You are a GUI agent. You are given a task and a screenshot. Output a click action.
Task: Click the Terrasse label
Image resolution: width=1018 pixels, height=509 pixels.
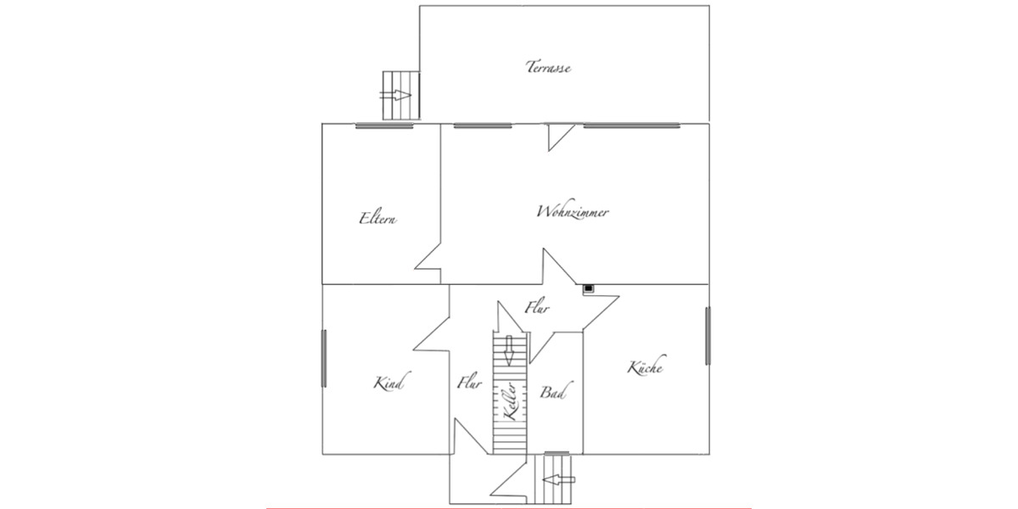(547, 67)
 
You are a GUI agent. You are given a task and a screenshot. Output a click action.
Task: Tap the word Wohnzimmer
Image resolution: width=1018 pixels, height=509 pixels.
(573, 212)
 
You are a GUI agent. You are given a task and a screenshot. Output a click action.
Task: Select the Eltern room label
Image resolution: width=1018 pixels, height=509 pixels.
(378, 218)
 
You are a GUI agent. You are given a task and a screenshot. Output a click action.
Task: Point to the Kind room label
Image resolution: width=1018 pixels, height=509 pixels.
(387, 383)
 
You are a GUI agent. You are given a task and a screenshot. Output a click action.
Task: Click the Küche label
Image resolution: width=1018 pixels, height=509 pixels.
(645, 367)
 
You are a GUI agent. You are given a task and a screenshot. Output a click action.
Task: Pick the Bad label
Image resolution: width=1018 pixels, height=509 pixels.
(552, 394)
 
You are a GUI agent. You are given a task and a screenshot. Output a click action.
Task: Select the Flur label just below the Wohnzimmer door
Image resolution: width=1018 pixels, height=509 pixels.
(537, 308)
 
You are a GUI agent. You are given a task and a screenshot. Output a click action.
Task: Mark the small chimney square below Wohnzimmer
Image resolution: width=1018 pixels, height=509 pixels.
(589, 288)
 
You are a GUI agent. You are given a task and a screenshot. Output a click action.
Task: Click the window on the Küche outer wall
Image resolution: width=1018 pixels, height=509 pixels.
(708, 336)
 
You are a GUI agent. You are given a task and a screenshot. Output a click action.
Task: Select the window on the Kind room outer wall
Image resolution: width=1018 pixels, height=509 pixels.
(323, 358)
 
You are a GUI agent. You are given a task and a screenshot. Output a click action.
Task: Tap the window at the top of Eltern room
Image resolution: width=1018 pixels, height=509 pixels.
(384, 126)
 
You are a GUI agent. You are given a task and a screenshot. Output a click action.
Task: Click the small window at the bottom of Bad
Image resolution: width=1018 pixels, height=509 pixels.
(556, 453)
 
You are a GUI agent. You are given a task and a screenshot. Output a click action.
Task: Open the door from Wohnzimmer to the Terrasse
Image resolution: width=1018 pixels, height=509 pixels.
(560, 136)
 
